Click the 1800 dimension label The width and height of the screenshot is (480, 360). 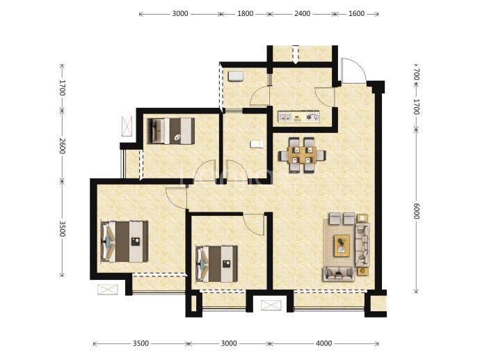245,14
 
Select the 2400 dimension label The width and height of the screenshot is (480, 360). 302,14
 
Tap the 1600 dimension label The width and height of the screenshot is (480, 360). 356,14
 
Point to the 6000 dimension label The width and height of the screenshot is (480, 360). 416,211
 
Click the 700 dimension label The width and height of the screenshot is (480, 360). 416,74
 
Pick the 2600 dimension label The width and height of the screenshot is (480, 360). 62,146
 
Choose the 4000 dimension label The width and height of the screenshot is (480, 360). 323,343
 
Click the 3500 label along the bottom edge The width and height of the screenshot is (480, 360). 141,343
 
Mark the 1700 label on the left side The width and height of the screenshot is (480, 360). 62,88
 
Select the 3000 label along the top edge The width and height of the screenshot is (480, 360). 180,14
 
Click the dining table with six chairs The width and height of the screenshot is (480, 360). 302,155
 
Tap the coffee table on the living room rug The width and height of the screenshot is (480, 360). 342,246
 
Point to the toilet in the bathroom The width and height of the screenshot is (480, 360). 257,144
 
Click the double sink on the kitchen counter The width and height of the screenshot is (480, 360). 285,117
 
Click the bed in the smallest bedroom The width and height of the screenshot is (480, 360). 171,131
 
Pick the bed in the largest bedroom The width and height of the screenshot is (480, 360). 125,242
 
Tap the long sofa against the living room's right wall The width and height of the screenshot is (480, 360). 362,244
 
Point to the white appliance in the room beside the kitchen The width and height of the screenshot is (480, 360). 235,77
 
